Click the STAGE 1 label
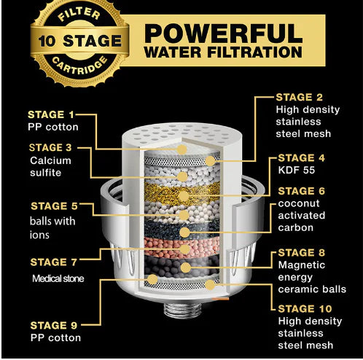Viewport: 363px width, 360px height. tap(50, 114)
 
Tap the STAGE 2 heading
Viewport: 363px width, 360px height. tap(300, 97)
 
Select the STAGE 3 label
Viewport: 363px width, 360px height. tap(51, 148)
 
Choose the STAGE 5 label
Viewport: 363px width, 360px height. tap(50, 206)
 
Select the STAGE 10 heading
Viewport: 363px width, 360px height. tap(305, 309)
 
